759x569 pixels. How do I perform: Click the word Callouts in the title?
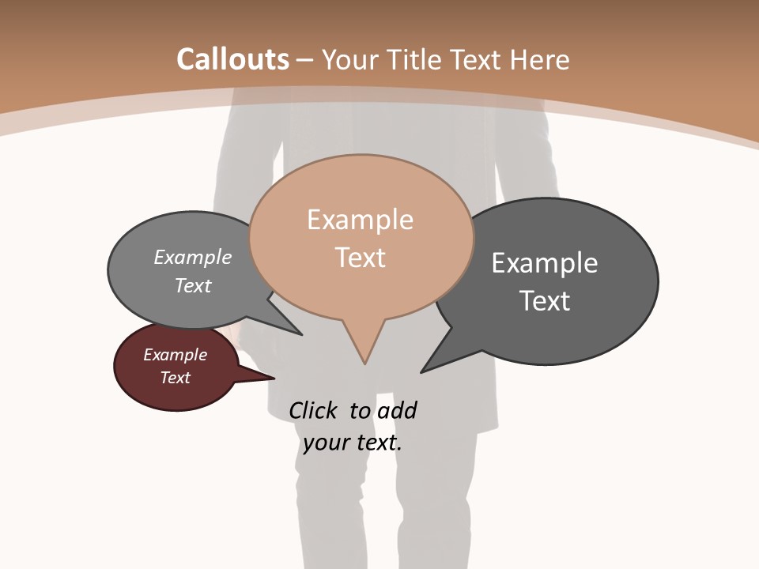point(232,59)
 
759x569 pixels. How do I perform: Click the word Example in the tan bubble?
point(360,220)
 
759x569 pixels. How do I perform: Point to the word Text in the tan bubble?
point(360,258)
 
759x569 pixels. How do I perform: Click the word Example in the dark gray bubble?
point(544,262)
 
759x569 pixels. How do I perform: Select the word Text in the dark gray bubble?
point(544,300)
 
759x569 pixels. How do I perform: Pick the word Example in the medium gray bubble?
point(193,257)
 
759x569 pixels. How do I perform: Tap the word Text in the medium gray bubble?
point(193,285)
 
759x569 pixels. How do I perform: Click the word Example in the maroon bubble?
point(175,355)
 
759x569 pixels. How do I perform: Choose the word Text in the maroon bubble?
point(175,378)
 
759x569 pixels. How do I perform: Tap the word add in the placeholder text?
point(396,410)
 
